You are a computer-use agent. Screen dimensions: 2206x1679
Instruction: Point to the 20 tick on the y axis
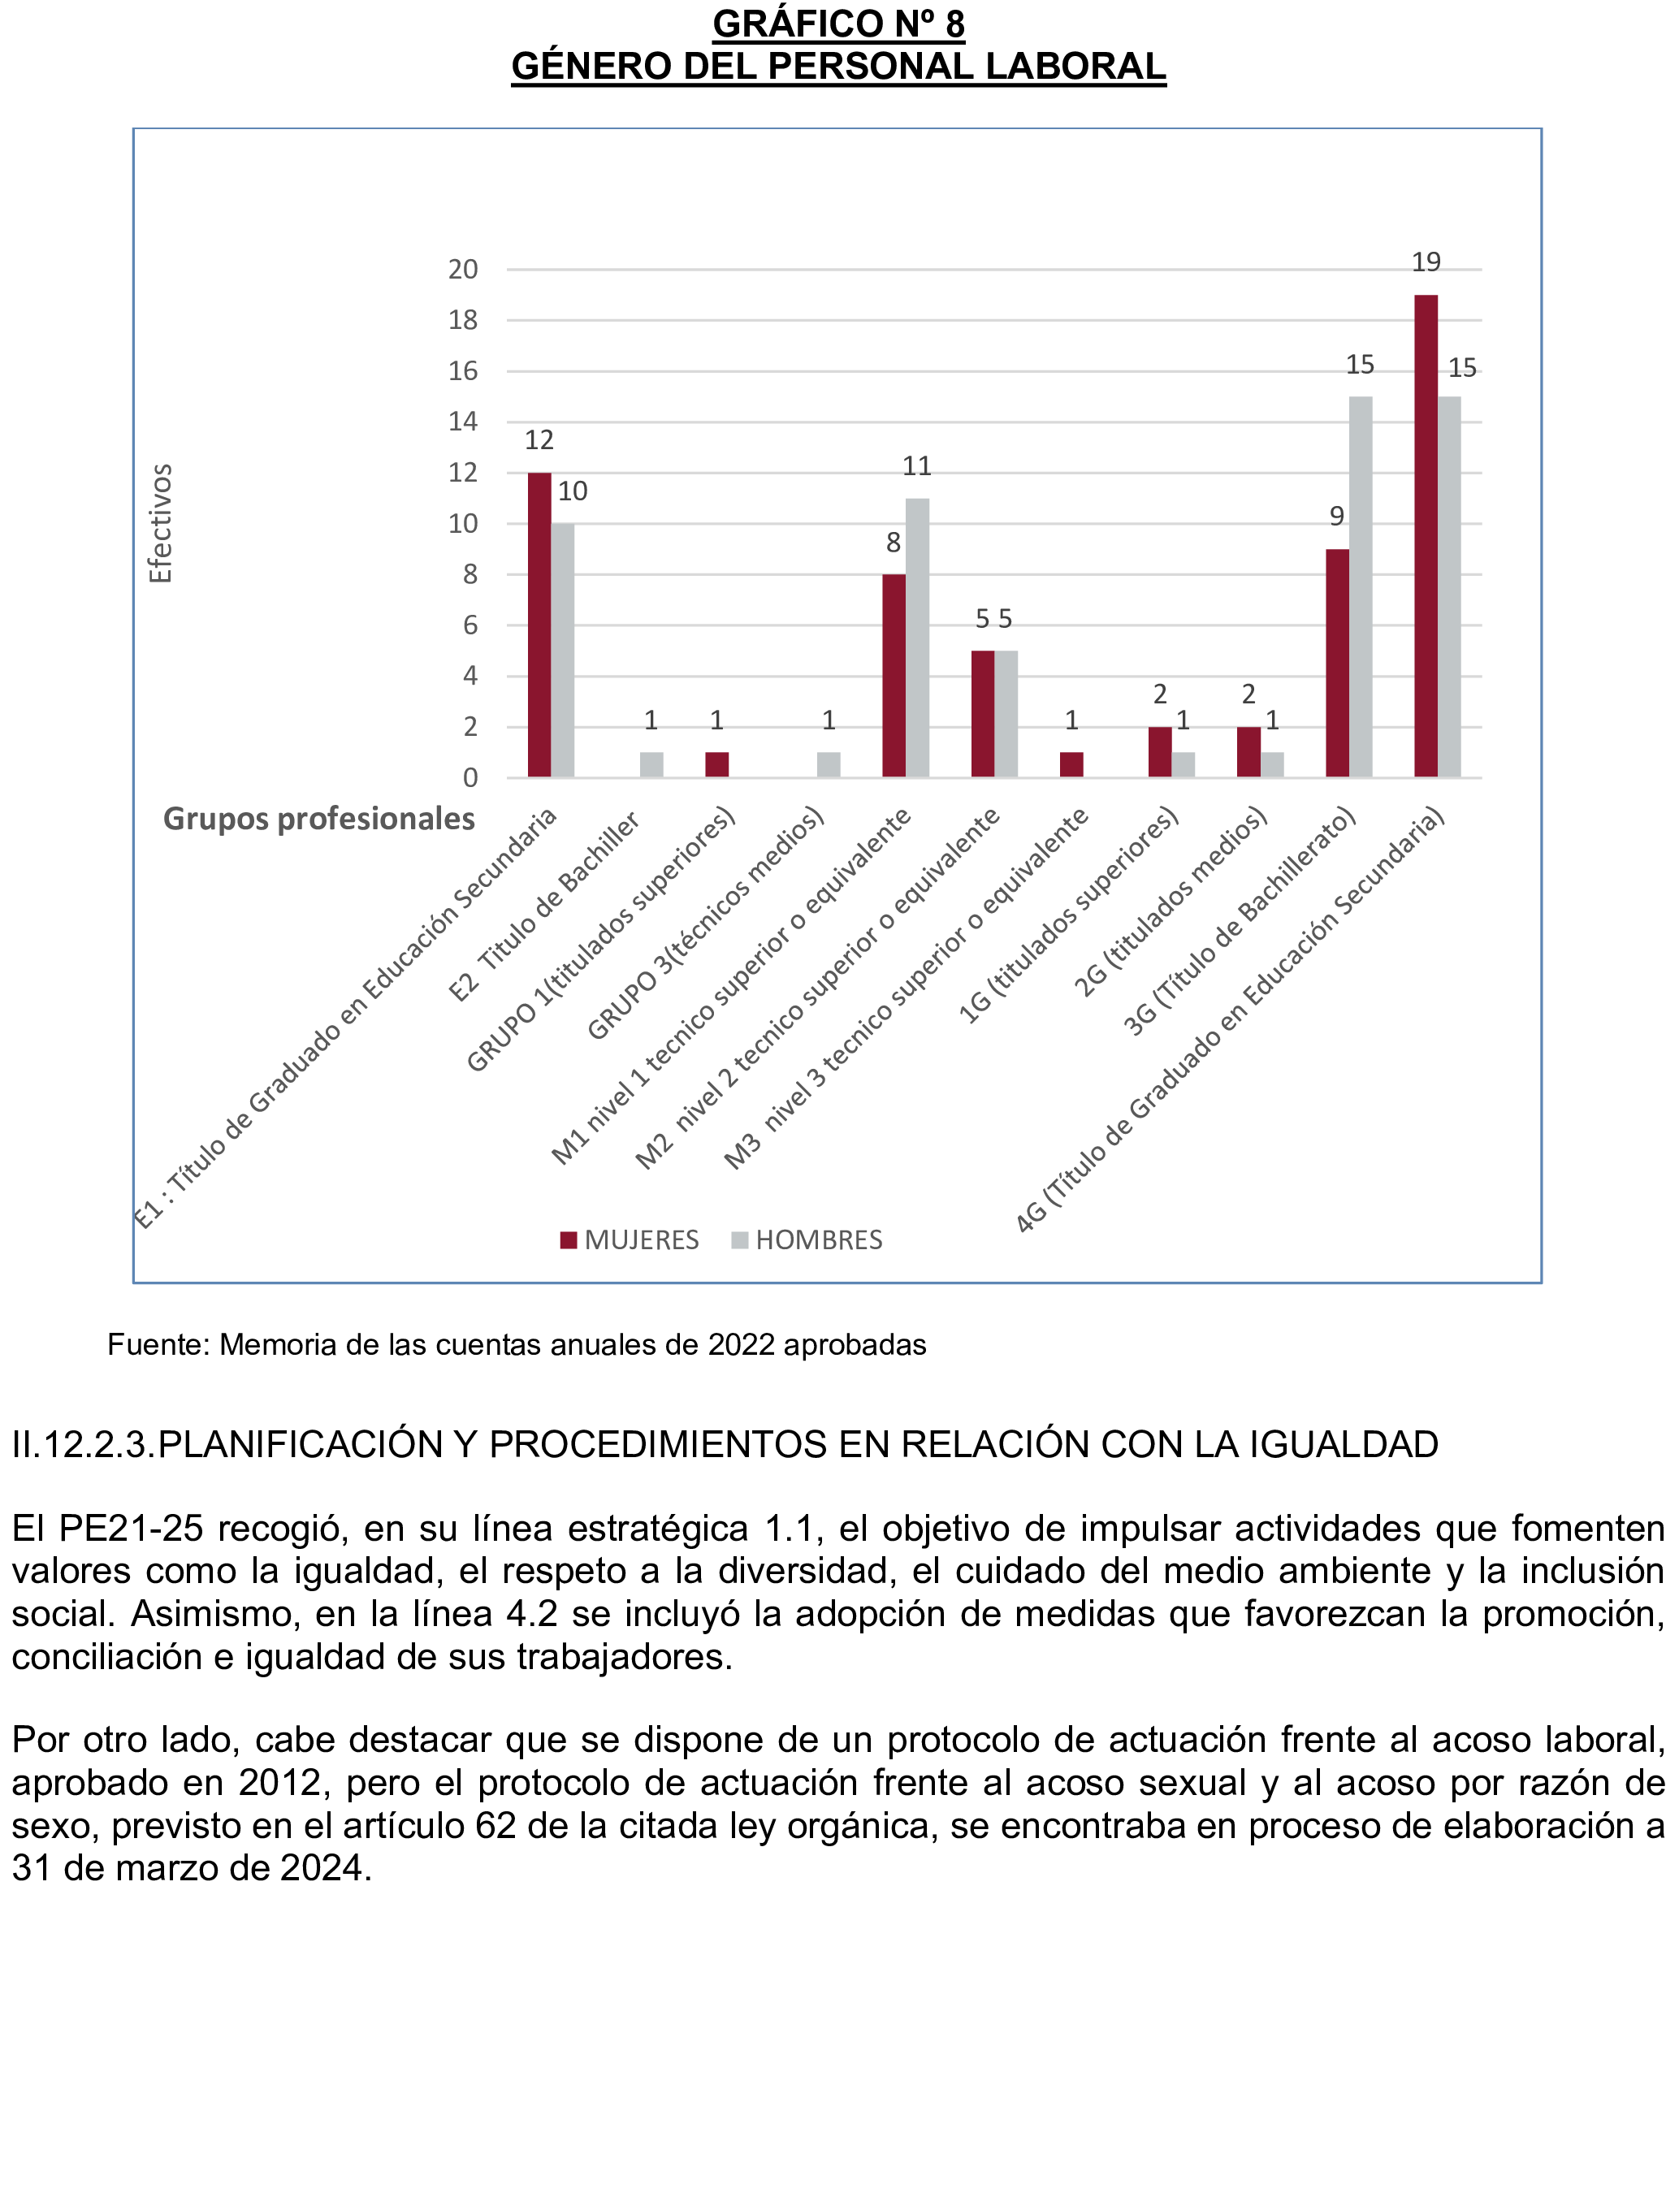click(x=463, y=270)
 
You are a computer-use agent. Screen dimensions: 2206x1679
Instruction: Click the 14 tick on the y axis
click(x=463, y=422)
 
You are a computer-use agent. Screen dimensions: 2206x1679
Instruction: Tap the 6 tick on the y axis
click(x=470, y=625)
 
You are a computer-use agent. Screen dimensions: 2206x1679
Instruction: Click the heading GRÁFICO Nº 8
click(x=837, y=24)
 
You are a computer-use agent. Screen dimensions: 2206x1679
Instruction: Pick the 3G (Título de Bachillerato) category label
click(x=1240, y=920)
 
